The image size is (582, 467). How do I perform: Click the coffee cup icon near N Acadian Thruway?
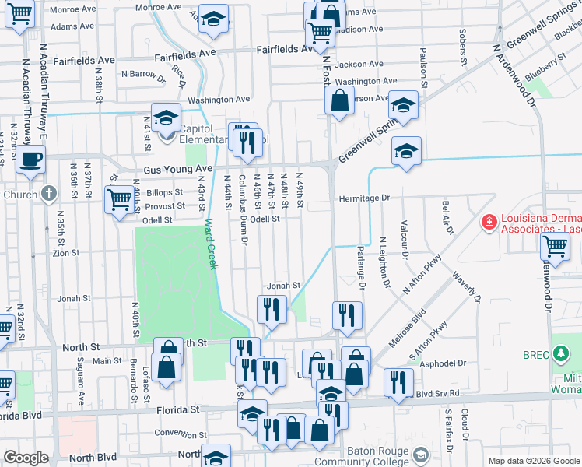[30, 159]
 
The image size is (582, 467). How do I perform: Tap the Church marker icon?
[49, 194]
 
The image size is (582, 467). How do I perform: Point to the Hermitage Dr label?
[363, 198]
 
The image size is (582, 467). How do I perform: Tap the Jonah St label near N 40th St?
[75, 298]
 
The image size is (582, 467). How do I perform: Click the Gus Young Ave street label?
[177, 170]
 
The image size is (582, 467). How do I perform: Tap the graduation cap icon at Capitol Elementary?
[166, 118]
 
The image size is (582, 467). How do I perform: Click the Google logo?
[26, 458]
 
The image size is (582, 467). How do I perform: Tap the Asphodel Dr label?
[443, 363]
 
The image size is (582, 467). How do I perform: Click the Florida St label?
[177, 409]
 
